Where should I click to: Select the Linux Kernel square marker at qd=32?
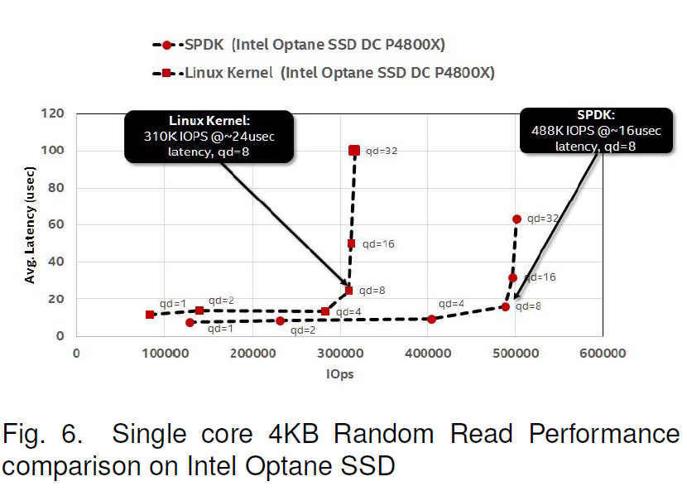pos(354,150)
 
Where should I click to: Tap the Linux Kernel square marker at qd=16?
pos(351,243)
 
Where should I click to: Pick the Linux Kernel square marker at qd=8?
pos(348,291)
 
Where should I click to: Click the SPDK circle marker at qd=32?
pos(517,219)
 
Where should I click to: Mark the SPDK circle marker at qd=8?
pos(505,307)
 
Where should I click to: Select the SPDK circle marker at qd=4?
pos(431,319)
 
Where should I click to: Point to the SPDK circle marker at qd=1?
pos(190,322)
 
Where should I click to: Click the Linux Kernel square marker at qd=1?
pos(149,315)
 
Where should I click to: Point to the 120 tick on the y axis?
pos(55,113)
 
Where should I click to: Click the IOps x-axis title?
pos(339,373)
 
